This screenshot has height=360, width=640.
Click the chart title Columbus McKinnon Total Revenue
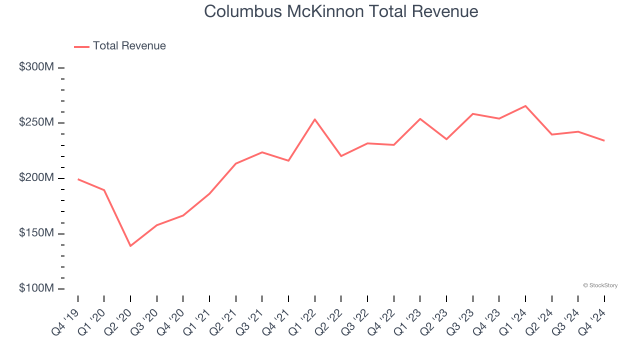[341, 11]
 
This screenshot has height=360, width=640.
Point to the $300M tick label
[36, 67]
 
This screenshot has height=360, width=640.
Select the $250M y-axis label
[36, 122]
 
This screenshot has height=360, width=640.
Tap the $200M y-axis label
[36, 178]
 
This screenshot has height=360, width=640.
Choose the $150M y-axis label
[36, 233]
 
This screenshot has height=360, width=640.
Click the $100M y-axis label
[36, 288]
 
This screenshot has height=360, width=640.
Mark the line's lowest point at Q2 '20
[130, 246]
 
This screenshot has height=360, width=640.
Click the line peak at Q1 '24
[525, 105]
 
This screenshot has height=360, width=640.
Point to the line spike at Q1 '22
[315, 119]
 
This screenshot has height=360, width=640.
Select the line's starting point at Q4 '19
[78, 179]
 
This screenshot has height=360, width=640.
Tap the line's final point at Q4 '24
[604, 140]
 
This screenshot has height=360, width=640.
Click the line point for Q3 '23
[473, 114]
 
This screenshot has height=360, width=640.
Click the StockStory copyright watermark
[600, 285]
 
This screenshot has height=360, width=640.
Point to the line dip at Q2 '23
[446, 139]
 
